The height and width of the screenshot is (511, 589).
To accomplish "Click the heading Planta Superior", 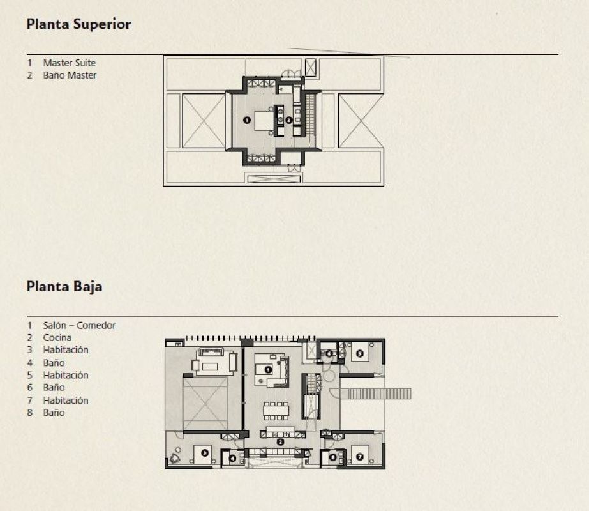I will pyautogui.click(x=78, y=25).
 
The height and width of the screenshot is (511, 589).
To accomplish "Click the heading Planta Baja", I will pyautogui.click(x=64, y=286).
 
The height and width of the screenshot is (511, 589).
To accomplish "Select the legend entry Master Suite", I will pyautogui.click(x=69, y=63).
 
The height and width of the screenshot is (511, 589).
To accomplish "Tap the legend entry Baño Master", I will pyautogui.click(x=70, y=75).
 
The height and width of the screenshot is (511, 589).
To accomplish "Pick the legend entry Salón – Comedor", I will pyautogui.click(x=79, y=325).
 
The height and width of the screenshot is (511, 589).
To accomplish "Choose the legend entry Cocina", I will pyautogui.click(x=57, y=337).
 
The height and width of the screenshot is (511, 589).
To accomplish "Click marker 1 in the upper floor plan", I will pyautogui.click(x=247, y=119).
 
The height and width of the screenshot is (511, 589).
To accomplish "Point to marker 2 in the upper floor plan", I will pyautogui.click(x=288, y=119).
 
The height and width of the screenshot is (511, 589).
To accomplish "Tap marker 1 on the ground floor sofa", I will pyautogui.click(x=268, y=369).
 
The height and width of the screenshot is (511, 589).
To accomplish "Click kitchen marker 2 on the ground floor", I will pyautogui.click(x=280, y=441).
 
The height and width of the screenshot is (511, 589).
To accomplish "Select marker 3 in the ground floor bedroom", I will pyautogui.click(x=204, y=453).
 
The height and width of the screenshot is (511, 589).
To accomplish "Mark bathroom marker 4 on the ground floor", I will pyautogui.click(x=232, y=457).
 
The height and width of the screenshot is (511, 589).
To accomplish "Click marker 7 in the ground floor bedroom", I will pyautogui.click(x=359, y=457).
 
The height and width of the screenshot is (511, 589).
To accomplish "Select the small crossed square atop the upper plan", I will pyautogui.click(x=311, y=68).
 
